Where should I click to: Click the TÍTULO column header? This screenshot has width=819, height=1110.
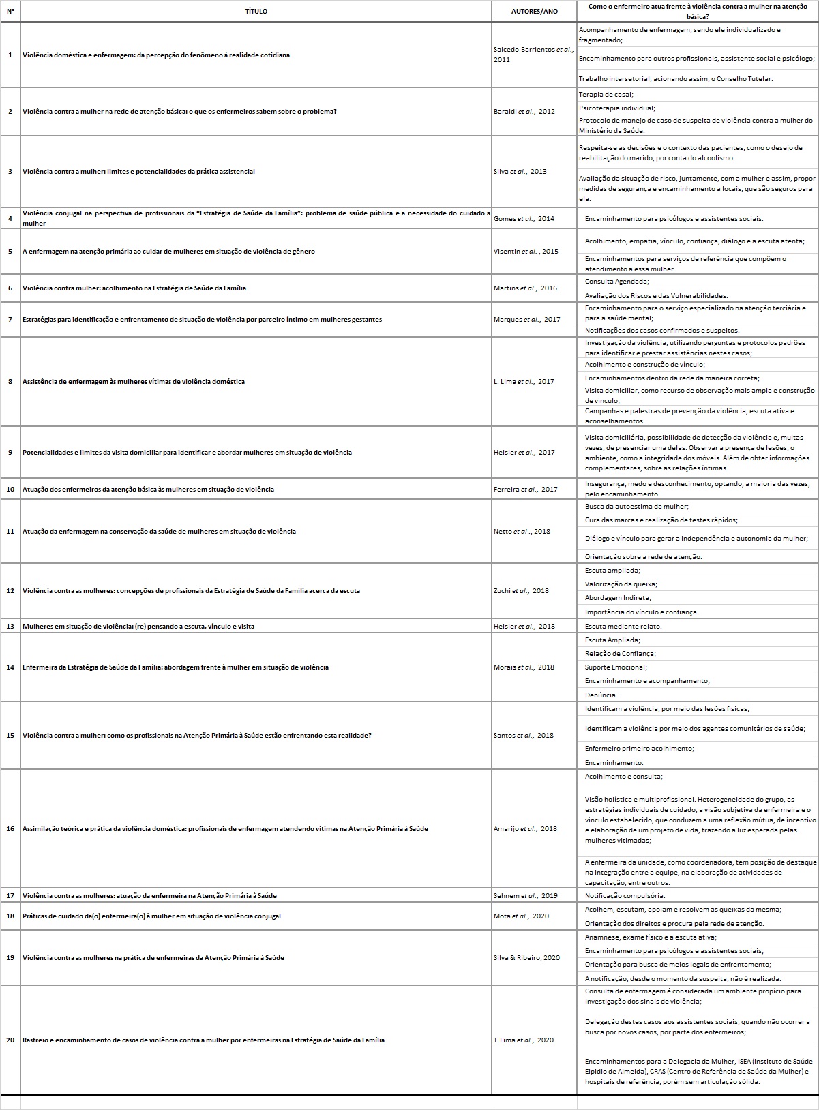[x=256, y=12]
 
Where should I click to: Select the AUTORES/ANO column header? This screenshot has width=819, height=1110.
[x=534, y=12]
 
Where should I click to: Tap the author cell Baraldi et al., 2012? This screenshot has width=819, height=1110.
[x=524, y=112]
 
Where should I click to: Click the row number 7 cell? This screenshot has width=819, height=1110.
[x=10, y=320]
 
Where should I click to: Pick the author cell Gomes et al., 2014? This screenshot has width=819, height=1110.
[x=524, y=219]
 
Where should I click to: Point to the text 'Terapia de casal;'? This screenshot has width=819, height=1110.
[x=606, y=95]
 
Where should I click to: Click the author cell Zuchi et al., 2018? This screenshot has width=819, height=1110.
[x=521, y=591]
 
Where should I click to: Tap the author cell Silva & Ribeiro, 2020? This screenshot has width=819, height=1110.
[x=526, y=958]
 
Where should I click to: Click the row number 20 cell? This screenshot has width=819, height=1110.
[x=10, y=1040]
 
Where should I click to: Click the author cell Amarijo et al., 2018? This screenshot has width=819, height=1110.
[x=525, y=829]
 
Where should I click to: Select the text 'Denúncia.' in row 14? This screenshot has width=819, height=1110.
[x=601, y=695]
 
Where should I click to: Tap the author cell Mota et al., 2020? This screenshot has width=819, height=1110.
[x=521, y=916]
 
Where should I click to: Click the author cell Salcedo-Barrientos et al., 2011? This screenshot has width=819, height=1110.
[x=533, y=55]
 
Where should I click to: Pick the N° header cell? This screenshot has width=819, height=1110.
[x=10, y=12]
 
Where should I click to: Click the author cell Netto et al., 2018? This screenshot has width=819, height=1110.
[x=522, y=532]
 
